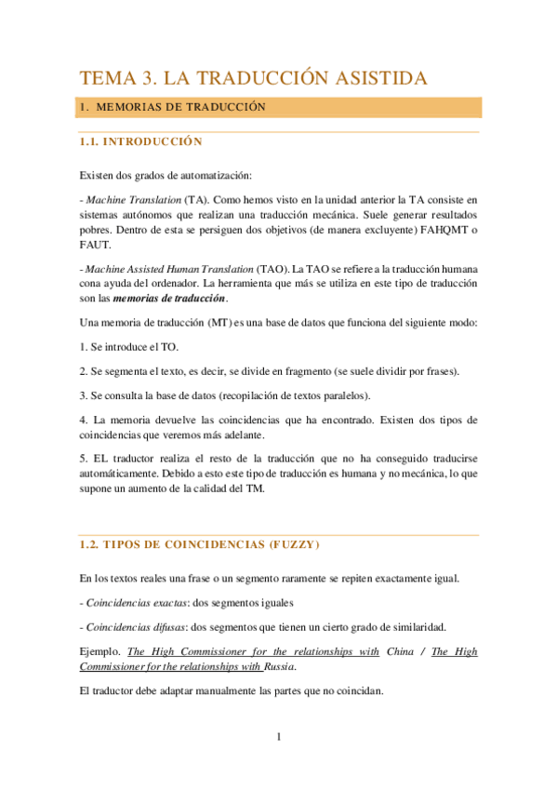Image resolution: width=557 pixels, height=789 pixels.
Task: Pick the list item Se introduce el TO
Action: pos(125,347)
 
